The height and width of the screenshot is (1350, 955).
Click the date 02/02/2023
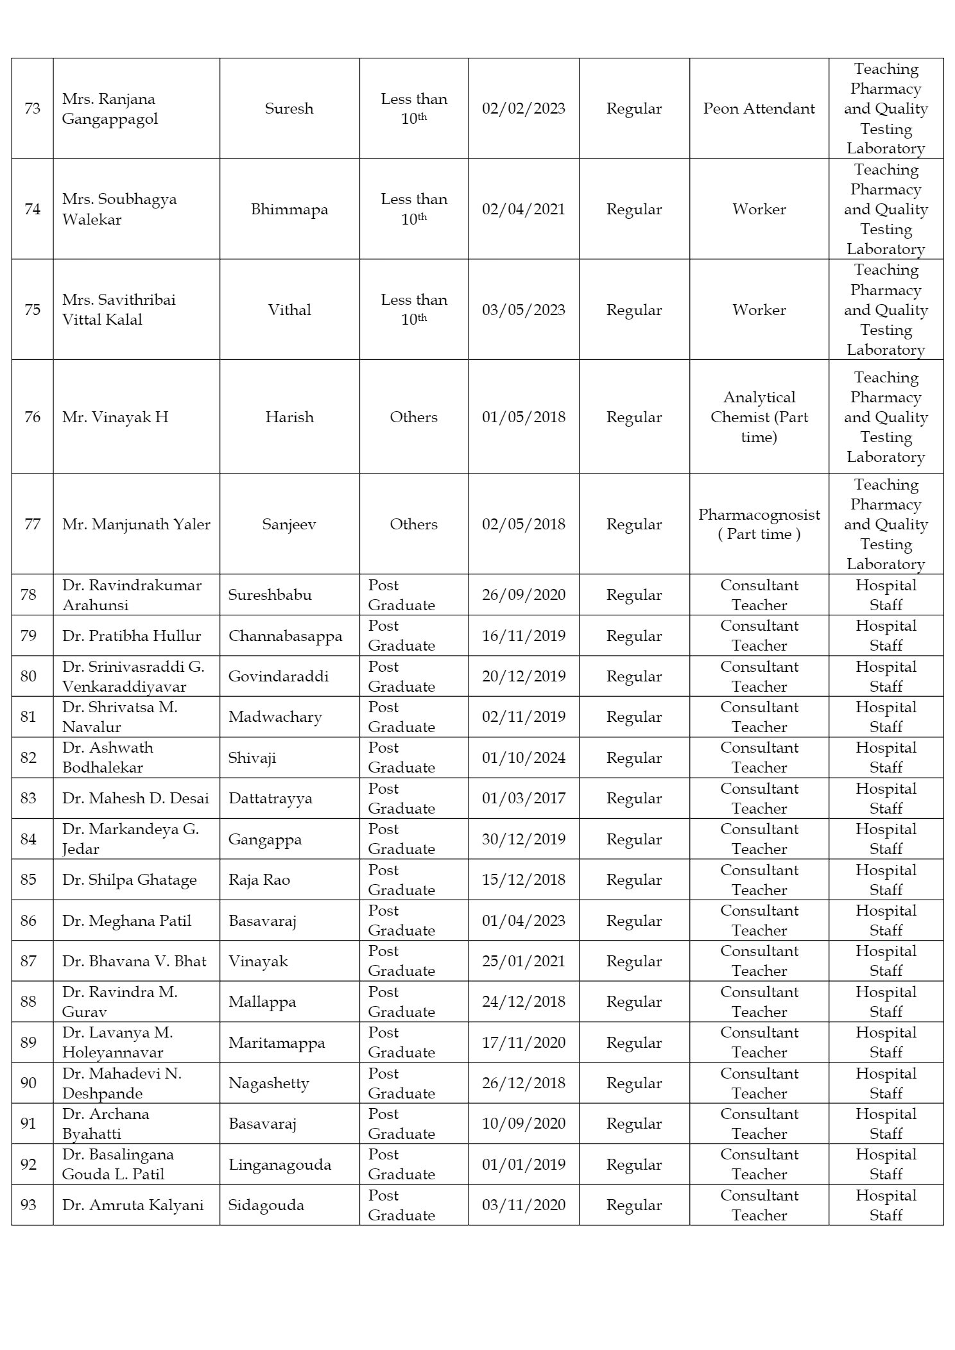[524, 108]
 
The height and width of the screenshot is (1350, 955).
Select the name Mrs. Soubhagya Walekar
[119, 209]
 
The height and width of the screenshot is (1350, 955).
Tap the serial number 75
[32, 310]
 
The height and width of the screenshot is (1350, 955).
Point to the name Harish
[289, 417]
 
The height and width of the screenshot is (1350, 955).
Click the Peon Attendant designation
[759, 108]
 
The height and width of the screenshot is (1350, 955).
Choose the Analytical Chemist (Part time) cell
[759, 417]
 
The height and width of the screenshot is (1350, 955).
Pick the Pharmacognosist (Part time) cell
[759, 524]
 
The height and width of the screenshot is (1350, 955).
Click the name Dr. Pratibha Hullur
[132, 636]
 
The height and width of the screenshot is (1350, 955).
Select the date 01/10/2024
[524, 758]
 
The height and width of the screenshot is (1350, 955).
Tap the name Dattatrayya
[270, 798]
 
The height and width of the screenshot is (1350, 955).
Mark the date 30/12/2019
[524, 839]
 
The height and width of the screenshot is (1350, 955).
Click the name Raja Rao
[259, 880]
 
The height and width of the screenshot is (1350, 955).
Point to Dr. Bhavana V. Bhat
[134, 961]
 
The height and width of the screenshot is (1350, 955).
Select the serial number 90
[28, 1083]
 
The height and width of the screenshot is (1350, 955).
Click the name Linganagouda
[280, 1165]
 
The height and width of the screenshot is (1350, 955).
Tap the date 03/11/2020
[524, 1205]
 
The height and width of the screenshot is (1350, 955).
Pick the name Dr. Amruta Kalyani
[133, 1205]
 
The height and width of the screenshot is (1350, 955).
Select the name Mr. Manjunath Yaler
[136, 524]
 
